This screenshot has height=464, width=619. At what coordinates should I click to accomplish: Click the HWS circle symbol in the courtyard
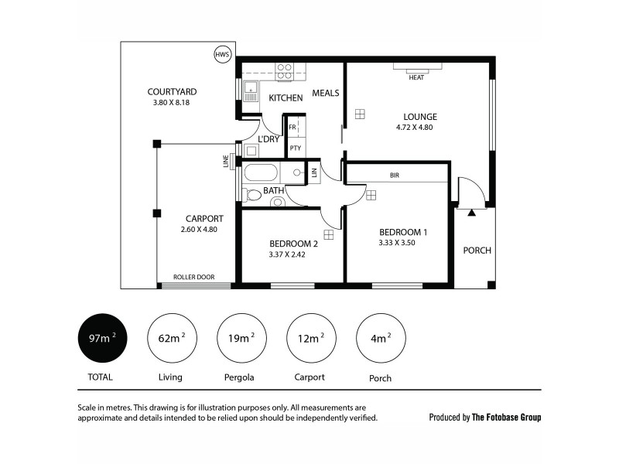tap(222, 55)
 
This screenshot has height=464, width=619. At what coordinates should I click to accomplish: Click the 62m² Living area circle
tap(170, 338)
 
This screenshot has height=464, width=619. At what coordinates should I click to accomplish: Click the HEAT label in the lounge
tap(416, 77)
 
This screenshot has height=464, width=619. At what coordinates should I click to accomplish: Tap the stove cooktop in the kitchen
tap(285, 71)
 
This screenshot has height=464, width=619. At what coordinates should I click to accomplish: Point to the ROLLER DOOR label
tap(193, 277)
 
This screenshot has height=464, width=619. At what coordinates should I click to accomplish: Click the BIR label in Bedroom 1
tap(395, 176)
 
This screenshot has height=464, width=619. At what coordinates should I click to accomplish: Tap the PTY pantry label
tap(295, 147)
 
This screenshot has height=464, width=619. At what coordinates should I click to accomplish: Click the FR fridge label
tap(293, 126)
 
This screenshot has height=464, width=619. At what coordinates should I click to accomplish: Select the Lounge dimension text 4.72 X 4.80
tap(414, 128)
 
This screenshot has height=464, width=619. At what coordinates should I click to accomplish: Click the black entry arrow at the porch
tap(471, 211)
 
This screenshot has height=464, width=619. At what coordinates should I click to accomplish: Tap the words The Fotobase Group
tap(507, 417)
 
